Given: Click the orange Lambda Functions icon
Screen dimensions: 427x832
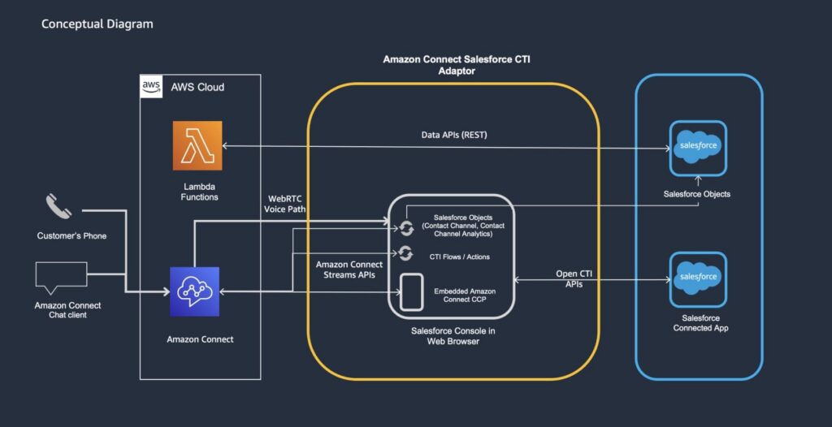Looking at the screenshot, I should pyautogui.click(x=197, y=145).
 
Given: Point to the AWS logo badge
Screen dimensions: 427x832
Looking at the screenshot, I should pyautogui.click(x=151, y=86).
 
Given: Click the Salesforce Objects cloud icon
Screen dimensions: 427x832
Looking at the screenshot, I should pyautogui.click(x=696, y=148).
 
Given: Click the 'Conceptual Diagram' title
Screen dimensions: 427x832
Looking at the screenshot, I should pyautogui.click(x=97, y=24).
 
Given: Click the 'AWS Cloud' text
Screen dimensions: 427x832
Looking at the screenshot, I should pyautogui.click(x=197, y=87).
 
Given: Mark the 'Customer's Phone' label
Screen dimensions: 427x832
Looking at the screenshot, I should pyautogui.click(x=72, y=236).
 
